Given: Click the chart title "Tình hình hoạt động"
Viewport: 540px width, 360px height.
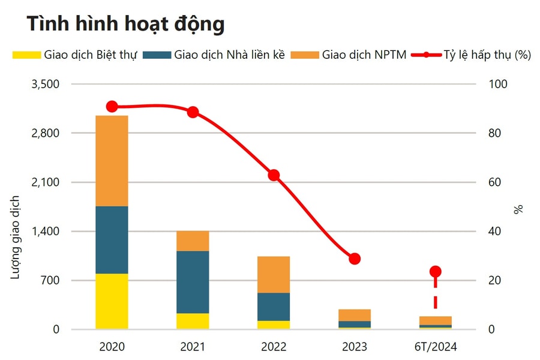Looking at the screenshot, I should coord(125,24).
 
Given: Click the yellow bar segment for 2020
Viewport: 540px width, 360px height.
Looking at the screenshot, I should coord(112,301).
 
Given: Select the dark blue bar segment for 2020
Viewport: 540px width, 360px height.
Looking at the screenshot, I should coord(112,240).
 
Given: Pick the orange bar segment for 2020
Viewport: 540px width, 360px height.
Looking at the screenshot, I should coord(112,161).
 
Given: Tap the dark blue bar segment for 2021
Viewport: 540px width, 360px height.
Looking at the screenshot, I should coord(193,282).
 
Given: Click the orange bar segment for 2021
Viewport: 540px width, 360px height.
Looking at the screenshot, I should coord(193,241).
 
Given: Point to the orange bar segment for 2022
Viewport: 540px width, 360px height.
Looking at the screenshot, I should coord(274,275).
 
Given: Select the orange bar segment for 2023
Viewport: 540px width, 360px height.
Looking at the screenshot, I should coord(355,315).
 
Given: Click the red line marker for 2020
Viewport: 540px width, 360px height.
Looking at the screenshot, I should coord(112,107).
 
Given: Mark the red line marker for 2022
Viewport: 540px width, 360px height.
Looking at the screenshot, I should coord(274,175).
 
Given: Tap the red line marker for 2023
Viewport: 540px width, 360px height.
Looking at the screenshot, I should coord(355,259).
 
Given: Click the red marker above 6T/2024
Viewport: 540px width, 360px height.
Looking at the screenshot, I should coord(436,272).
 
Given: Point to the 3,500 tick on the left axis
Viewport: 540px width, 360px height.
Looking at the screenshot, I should coord(45,84).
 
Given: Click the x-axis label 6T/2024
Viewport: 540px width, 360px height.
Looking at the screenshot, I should coord(436,347).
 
